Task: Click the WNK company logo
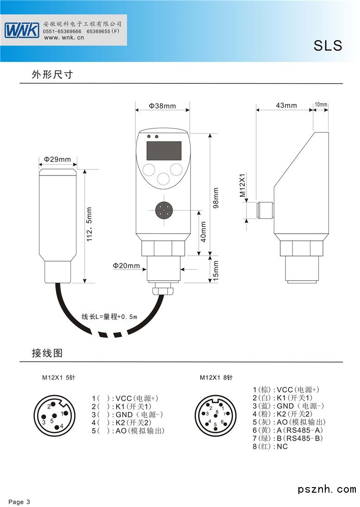point(22,31)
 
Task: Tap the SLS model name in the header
point(328,46)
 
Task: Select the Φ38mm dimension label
point(162,106)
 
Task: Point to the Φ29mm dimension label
point(57,160)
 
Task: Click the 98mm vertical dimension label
point(216,198)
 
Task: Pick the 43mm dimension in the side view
point(286,105)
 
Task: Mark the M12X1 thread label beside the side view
point(242,186)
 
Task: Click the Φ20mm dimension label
point(126,266)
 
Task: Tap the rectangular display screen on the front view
point(164,151)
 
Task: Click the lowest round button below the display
point(163,178)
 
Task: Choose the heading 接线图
point(47,353)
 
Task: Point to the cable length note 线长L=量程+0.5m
point(109,317)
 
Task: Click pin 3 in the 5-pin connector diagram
point(44,422)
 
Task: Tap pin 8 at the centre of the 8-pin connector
point(216,411)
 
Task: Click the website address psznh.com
point(327,489)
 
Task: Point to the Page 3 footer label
point(19,502)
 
